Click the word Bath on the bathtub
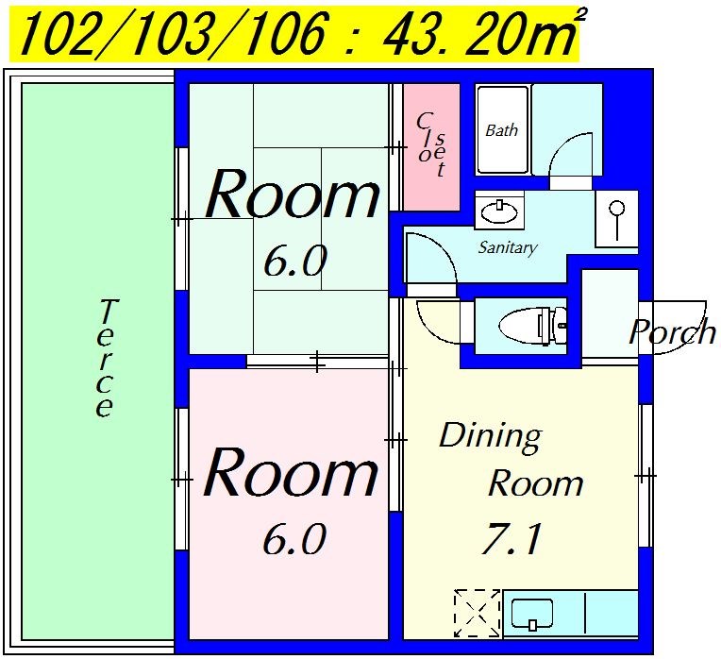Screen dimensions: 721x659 [x=502, y=130]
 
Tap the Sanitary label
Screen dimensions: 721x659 [x=508, y=248]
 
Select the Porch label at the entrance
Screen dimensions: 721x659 [x=672, y=331]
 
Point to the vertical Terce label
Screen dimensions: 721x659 [x=105, y=358]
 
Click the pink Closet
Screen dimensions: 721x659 [x=431, y=147]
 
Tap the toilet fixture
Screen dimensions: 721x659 [x=533, y=326]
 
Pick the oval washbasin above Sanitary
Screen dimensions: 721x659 [x=499, y=212]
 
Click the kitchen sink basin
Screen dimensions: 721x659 [x=532, y=614]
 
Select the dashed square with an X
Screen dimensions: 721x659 [x=477, y=613]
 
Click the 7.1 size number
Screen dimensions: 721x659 [x=511, y=538]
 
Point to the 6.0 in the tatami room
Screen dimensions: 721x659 [x=295, y=261]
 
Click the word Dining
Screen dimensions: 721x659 [x=491, y=437]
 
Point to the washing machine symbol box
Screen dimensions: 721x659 [x=617, y=218]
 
